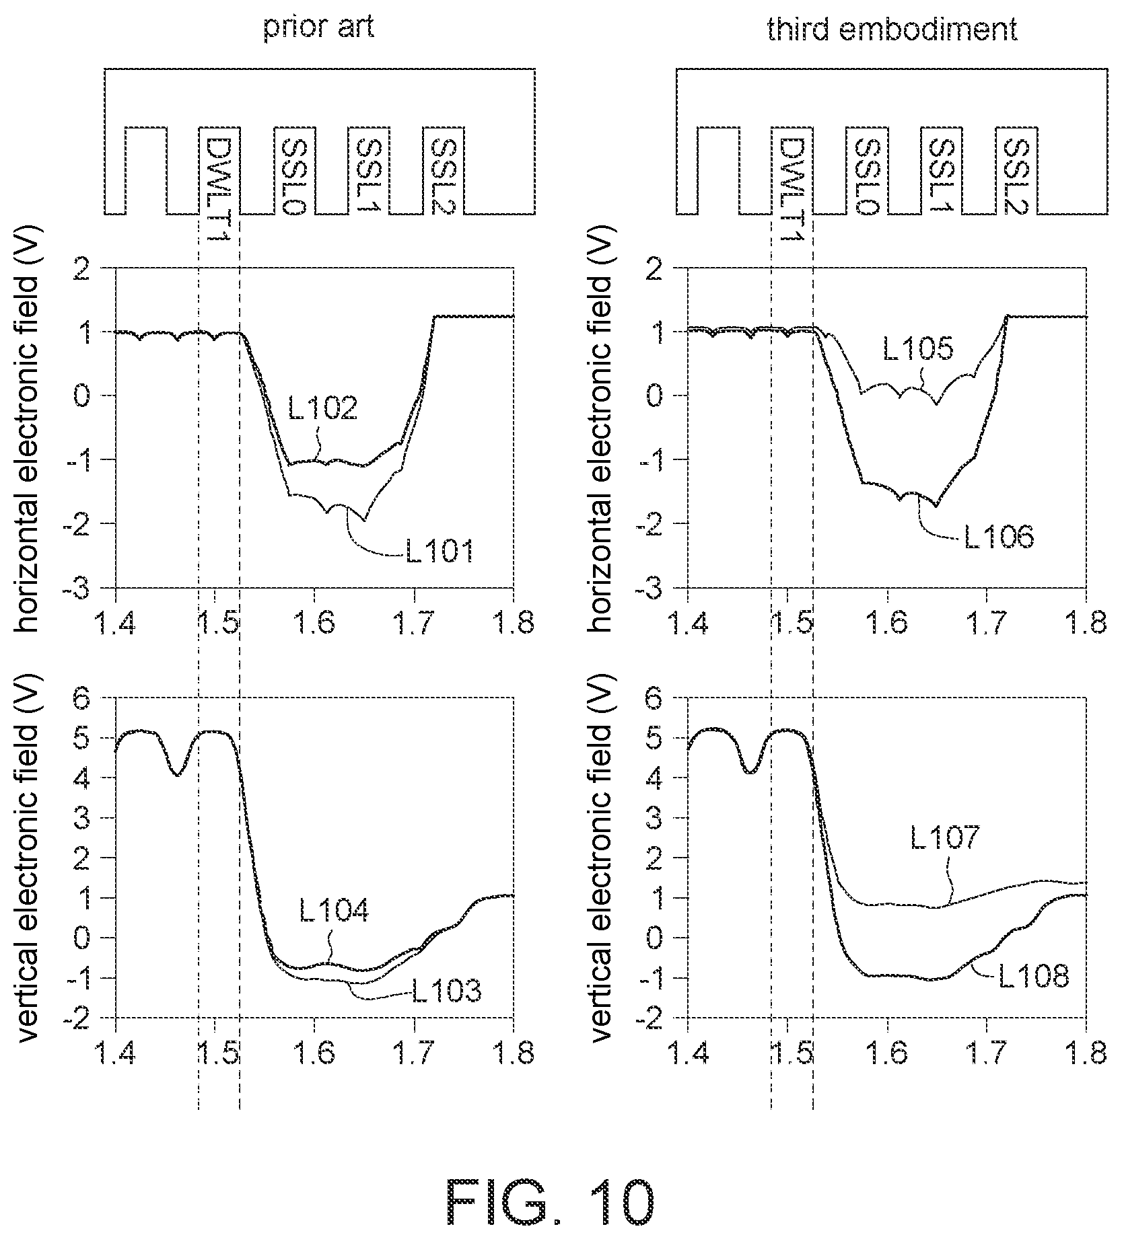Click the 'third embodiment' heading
click(x=892, y=30)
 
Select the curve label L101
click(x=440, y=552)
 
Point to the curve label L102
click(x=323, y=408)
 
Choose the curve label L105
click(x=918, y=350)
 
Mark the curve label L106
click(x=999, y=537)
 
